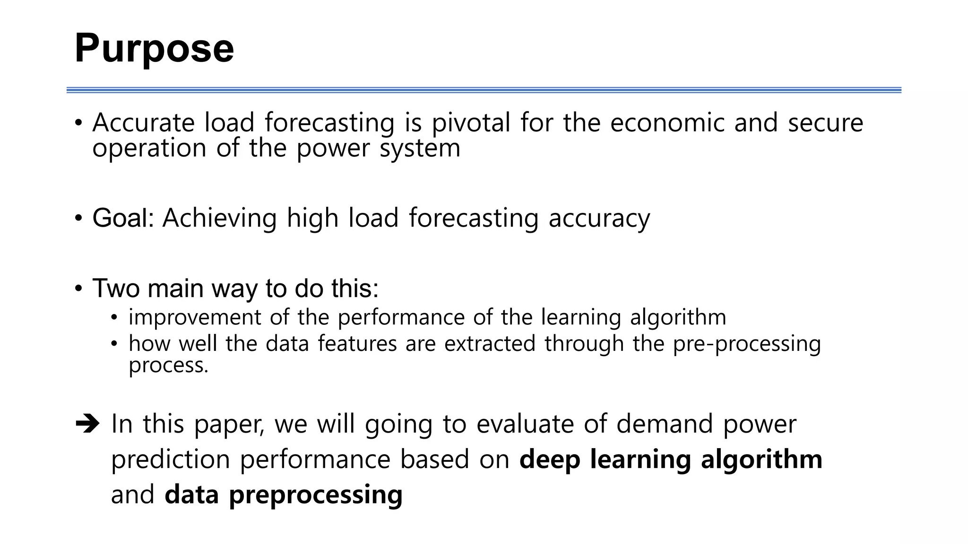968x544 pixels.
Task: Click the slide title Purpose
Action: [x=154, y=48]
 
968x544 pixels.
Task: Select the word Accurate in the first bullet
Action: [x=143, y=123]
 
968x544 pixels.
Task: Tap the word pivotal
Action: [x=471, y=123]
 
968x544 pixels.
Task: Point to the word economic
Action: [x=667, y=123]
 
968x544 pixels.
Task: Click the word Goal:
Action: [x=123, y=218]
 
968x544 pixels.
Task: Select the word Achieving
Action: [x=219, y=218]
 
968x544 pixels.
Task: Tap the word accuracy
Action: [x=599, y=219]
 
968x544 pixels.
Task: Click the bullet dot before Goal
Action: [x=78, y=219]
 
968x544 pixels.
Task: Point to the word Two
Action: [x=115, y=288]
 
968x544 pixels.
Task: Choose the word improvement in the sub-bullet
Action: [x=195, y=317]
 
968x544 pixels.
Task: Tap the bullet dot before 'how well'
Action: [x=114, y=344]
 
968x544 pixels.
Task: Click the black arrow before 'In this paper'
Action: [x=87, y=424]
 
